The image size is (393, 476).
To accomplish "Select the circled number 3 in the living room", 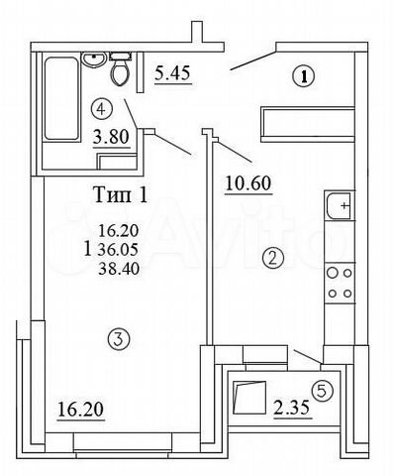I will [x=118, y=340].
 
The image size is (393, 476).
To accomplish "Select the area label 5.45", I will [x=174, y=73].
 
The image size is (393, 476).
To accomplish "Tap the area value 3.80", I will [x=110, y=138].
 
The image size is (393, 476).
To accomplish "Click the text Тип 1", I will [x=121, y=194].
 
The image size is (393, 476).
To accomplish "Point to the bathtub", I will [x=60, y=99].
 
